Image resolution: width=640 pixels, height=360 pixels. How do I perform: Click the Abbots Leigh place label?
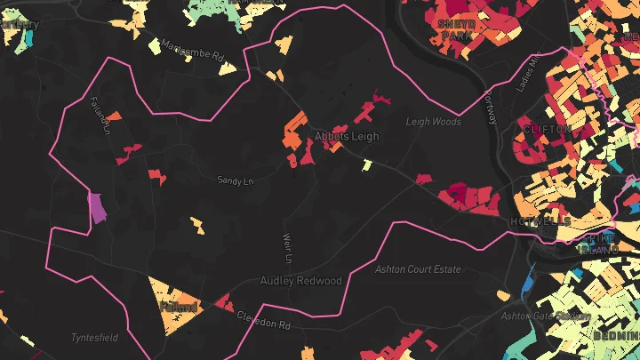click(x=347, y=137)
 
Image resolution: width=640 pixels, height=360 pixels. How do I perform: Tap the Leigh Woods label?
click(x=434, y=122)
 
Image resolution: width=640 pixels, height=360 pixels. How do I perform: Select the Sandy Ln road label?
click(x=236, y=180)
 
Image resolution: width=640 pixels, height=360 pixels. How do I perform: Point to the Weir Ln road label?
click(x=286, y=249)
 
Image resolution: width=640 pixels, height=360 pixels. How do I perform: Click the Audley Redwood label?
click(x=300, y=281)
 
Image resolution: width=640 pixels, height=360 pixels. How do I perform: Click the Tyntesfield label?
click(x=94, y=338)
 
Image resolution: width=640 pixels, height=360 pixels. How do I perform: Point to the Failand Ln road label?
click(x=99, y=116)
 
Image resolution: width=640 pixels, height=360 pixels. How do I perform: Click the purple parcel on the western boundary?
click(x=97, y=207)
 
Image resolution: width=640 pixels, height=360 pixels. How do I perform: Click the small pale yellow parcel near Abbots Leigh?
click(x=366, y=164)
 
